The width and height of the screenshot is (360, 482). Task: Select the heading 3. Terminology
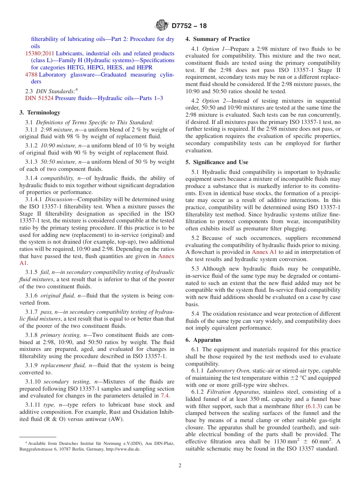pos(39,113)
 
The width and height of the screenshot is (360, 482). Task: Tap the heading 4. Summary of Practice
pos(218,39)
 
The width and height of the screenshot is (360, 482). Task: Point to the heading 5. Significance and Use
pos(217,162)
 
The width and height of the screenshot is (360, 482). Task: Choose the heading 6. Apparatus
pos(203,340)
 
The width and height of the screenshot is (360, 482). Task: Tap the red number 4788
pos(31,75)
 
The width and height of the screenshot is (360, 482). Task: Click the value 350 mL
pos(254,399)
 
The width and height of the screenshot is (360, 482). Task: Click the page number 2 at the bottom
pos(180,466)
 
